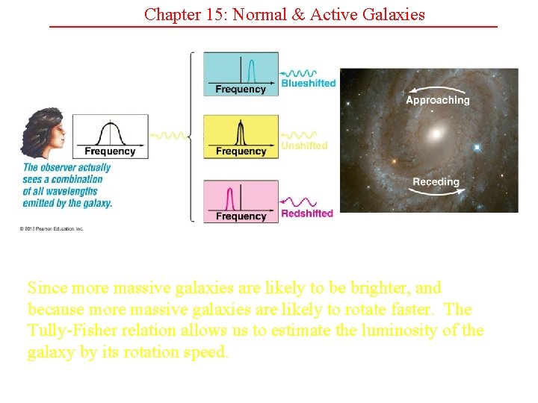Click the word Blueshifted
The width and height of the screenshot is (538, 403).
(x=309, y=84)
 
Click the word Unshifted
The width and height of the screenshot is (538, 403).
(x=304, y=146)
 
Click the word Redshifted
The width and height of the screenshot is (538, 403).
(x=307, y=213)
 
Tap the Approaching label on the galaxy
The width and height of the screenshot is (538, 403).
(x=437, y=100)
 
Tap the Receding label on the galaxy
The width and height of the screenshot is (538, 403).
(x=436, y=182)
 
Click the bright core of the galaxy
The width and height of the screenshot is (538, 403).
(x=432, y=135)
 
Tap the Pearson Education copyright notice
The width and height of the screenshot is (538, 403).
(x=52, y=228)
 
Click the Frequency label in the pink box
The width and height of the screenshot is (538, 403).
(x=241, y=216)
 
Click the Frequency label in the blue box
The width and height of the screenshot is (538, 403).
(x=241, y=90)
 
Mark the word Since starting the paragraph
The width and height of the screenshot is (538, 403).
(x=46, y=288)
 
